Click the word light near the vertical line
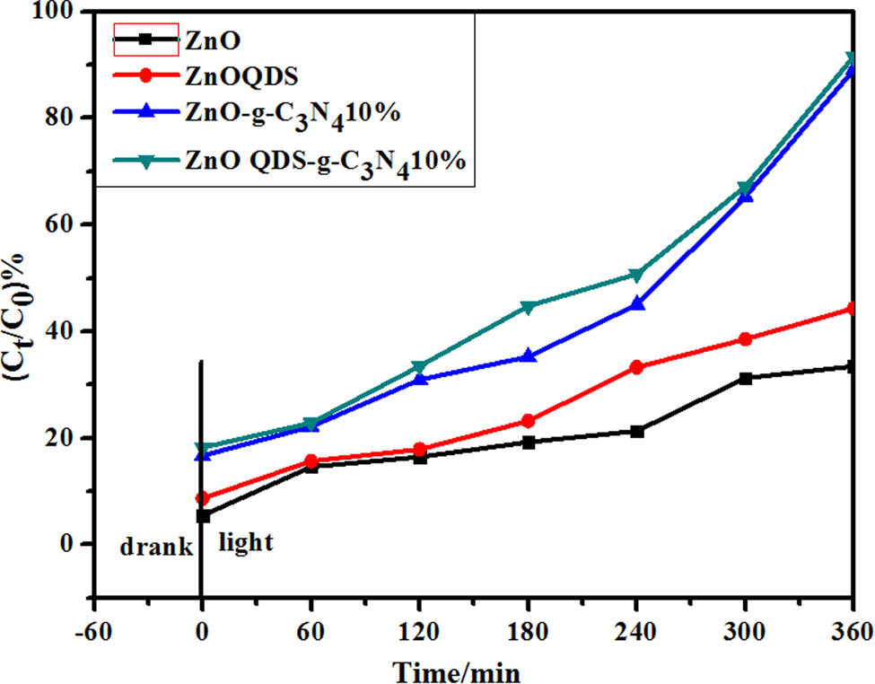tap(246, 543)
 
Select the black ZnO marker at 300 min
tap(744, 378)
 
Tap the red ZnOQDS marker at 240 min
tap(636, 367)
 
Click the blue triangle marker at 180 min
tap(529, 356)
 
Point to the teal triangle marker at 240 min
tap(636, 275)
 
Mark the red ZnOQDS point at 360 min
tap(852, 309)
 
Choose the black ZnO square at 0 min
tap(203, 516)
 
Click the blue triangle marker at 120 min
tap(419, 379)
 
